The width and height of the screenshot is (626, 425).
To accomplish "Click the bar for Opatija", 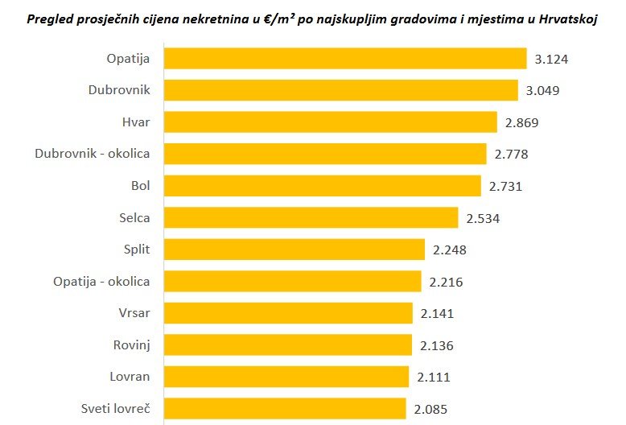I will (x=345, y=59).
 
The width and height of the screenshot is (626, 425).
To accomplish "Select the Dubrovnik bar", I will (x=340, y=90).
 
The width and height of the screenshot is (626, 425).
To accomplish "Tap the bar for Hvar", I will (x=330, y=122).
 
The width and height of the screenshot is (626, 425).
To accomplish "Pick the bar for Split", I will (x=294, y=250).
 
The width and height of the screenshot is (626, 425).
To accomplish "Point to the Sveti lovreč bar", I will (x=285, y=409).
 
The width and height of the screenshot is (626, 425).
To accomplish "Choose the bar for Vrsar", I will (x=288, y=313).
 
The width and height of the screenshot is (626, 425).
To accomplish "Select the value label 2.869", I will (x=521, y=123).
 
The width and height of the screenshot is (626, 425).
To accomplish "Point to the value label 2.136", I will (x=437, y=346).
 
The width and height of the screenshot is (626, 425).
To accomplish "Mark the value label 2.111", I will (x=434, y=378).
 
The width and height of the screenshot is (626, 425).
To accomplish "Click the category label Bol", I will (x=141, y=186).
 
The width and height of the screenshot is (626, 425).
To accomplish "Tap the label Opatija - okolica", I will (x=101, y=282).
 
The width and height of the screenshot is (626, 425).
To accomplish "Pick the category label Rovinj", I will (x=132, y=345).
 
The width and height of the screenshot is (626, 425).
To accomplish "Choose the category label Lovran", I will (x=130, y=377).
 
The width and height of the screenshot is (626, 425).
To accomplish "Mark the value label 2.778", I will (x=512, y=155).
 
